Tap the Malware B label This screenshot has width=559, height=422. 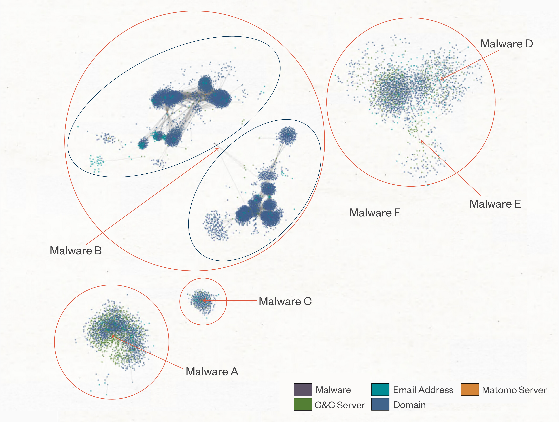(76, 251)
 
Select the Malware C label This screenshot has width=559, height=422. (285, 301)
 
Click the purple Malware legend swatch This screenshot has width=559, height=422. (303, 389)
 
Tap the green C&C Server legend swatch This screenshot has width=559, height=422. (303, 404)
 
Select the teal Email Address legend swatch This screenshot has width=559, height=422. (380, 389)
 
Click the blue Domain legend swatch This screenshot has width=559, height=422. (380, 404)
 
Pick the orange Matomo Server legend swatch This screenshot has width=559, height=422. (470, 389)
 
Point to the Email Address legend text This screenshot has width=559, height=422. (423, 390)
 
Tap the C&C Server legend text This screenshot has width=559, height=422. (340, 405)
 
